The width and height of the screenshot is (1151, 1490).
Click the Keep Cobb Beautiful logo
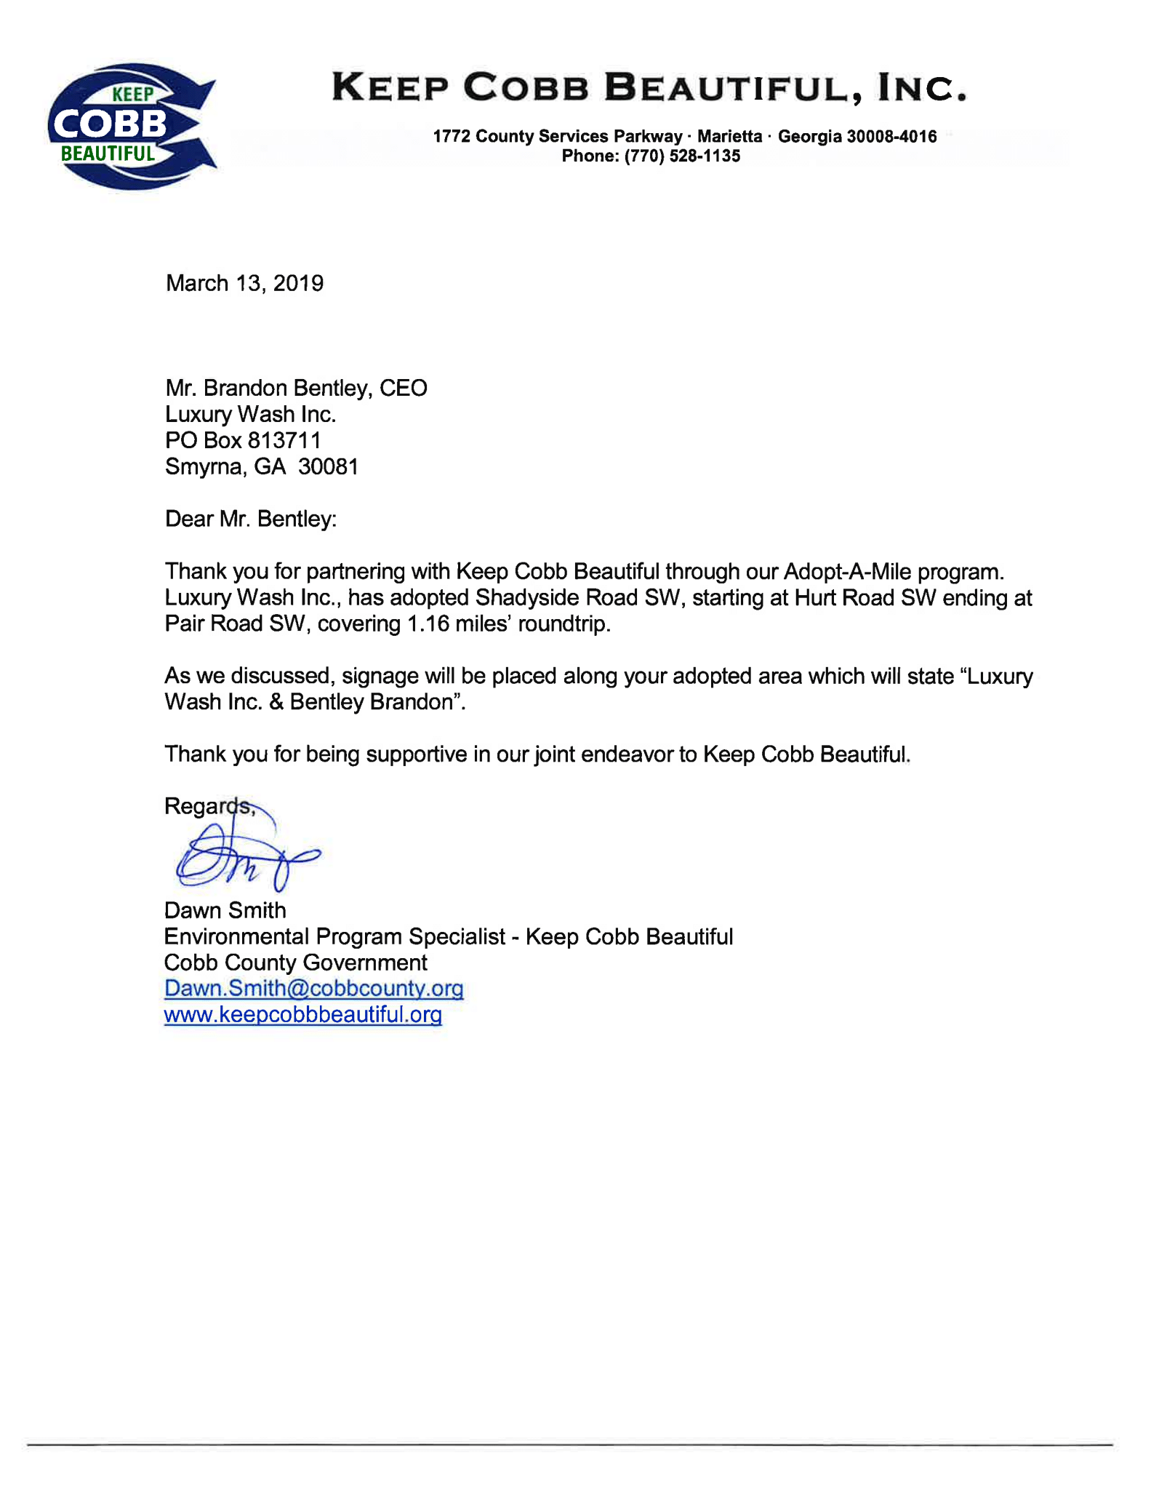(x=131, y=126)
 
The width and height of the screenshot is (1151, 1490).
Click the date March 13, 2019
(x=244, y=283)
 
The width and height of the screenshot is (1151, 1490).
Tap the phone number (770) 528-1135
(x=682, y=156)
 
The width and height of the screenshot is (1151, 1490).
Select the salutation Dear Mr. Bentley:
(x=251, y=519)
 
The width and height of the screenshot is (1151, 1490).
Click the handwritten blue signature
(x=244, y=856)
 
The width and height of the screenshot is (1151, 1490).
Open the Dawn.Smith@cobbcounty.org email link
(x=313, y=988)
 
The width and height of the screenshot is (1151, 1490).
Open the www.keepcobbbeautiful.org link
(x=302, y=1014)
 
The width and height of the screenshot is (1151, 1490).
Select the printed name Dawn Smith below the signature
(x=225, y=910)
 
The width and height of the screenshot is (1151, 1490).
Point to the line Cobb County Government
(x=295, y=963)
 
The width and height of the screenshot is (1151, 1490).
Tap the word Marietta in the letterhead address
(x=729, y=136)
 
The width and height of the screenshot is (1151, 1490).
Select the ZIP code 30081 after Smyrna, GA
(x=328, y=466)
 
